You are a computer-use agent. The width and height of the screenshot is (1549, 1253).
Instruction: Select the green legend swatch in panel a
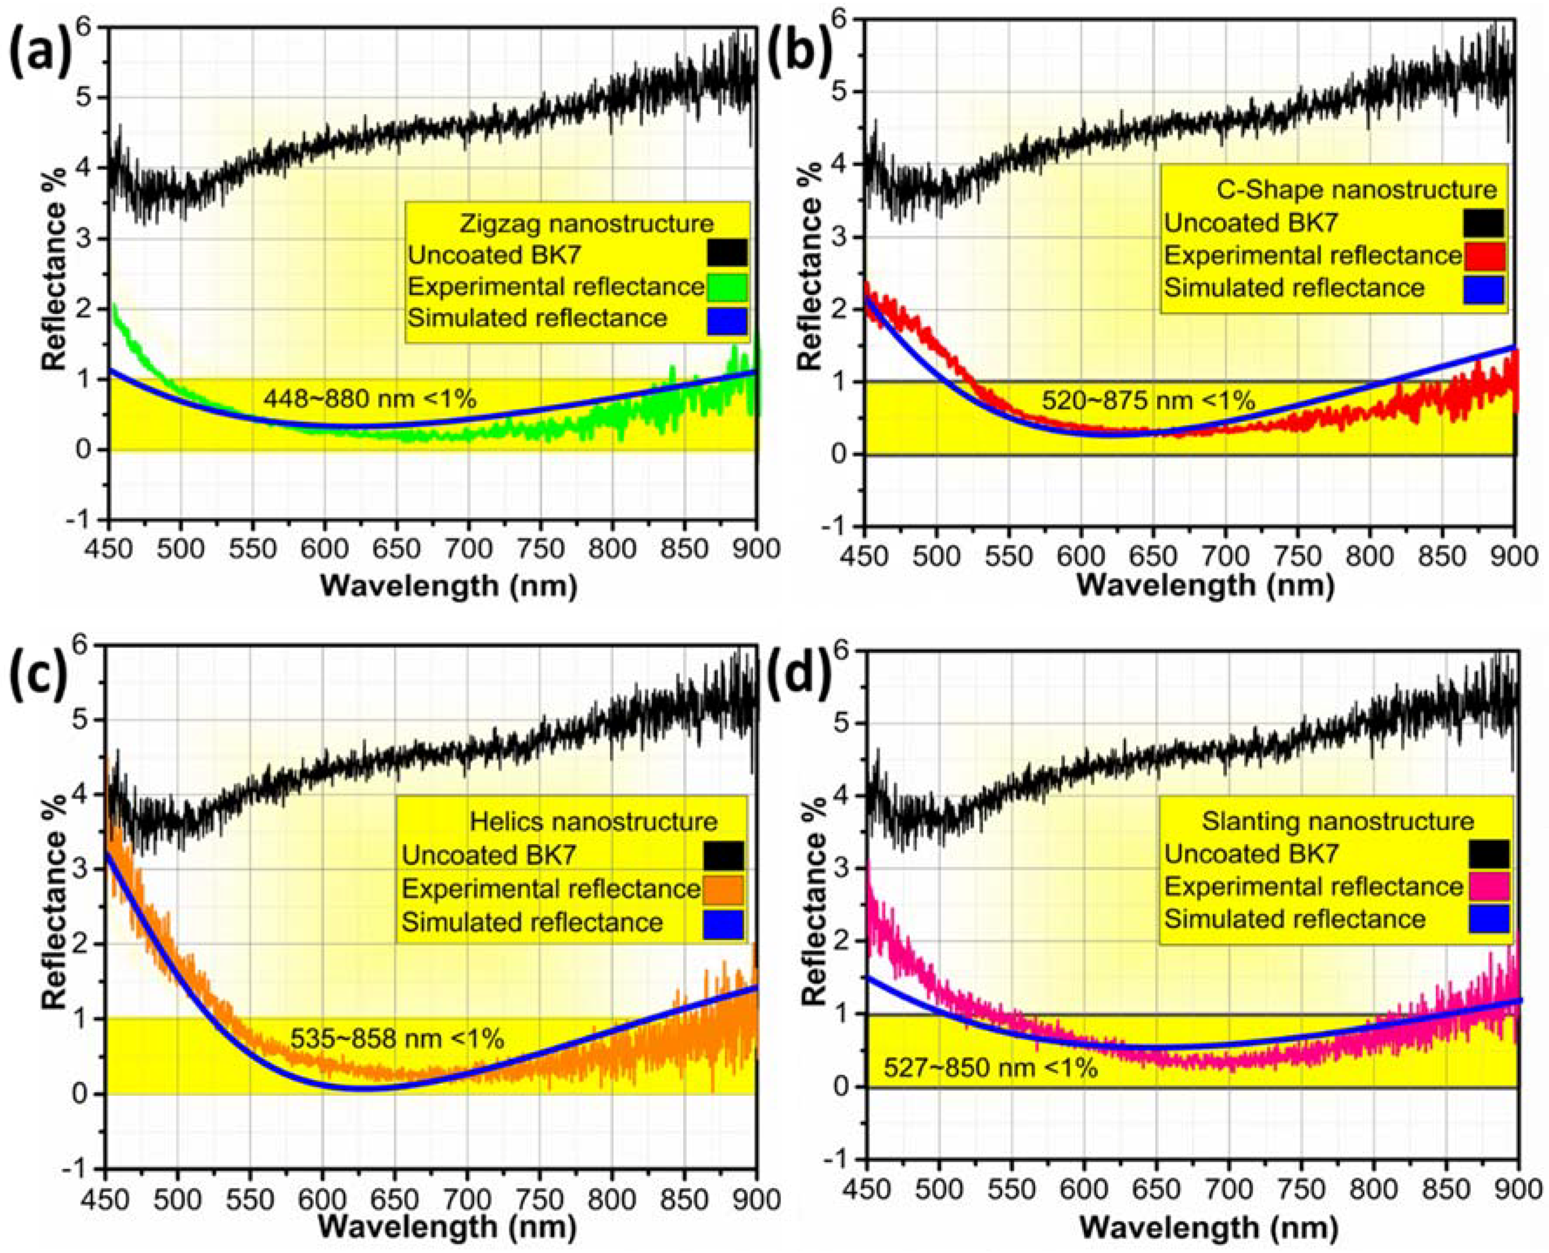tap(727, 287)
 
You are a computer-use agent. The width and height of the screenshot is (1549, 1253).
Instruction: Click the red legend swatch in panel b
tap(1485, 256)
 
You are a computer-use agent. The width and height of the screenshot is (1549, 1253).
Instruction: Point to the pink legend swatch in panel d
tap(1488, 886)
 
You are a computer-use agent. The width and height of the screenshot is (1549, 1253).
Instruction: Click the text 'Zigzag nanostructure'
tap(586, 223)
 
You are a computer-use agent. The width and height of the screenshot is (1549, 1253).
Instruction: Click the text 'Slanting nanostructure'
tap(1338, 821)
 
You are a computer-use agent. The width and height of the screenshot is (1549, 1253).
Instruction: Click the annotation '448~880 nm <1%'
tap(370, 398)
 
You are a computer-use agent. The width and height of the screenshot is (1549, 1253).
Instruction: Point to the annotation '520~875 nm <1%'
tap(1148, 400)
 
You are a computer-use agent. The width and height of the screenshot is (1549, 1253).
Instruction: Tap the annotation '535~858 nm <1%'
tap(397, 1040)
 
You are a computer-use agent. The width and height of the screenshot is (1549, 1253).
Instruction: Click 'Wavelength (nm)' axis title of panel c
tap(448, 1226)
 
